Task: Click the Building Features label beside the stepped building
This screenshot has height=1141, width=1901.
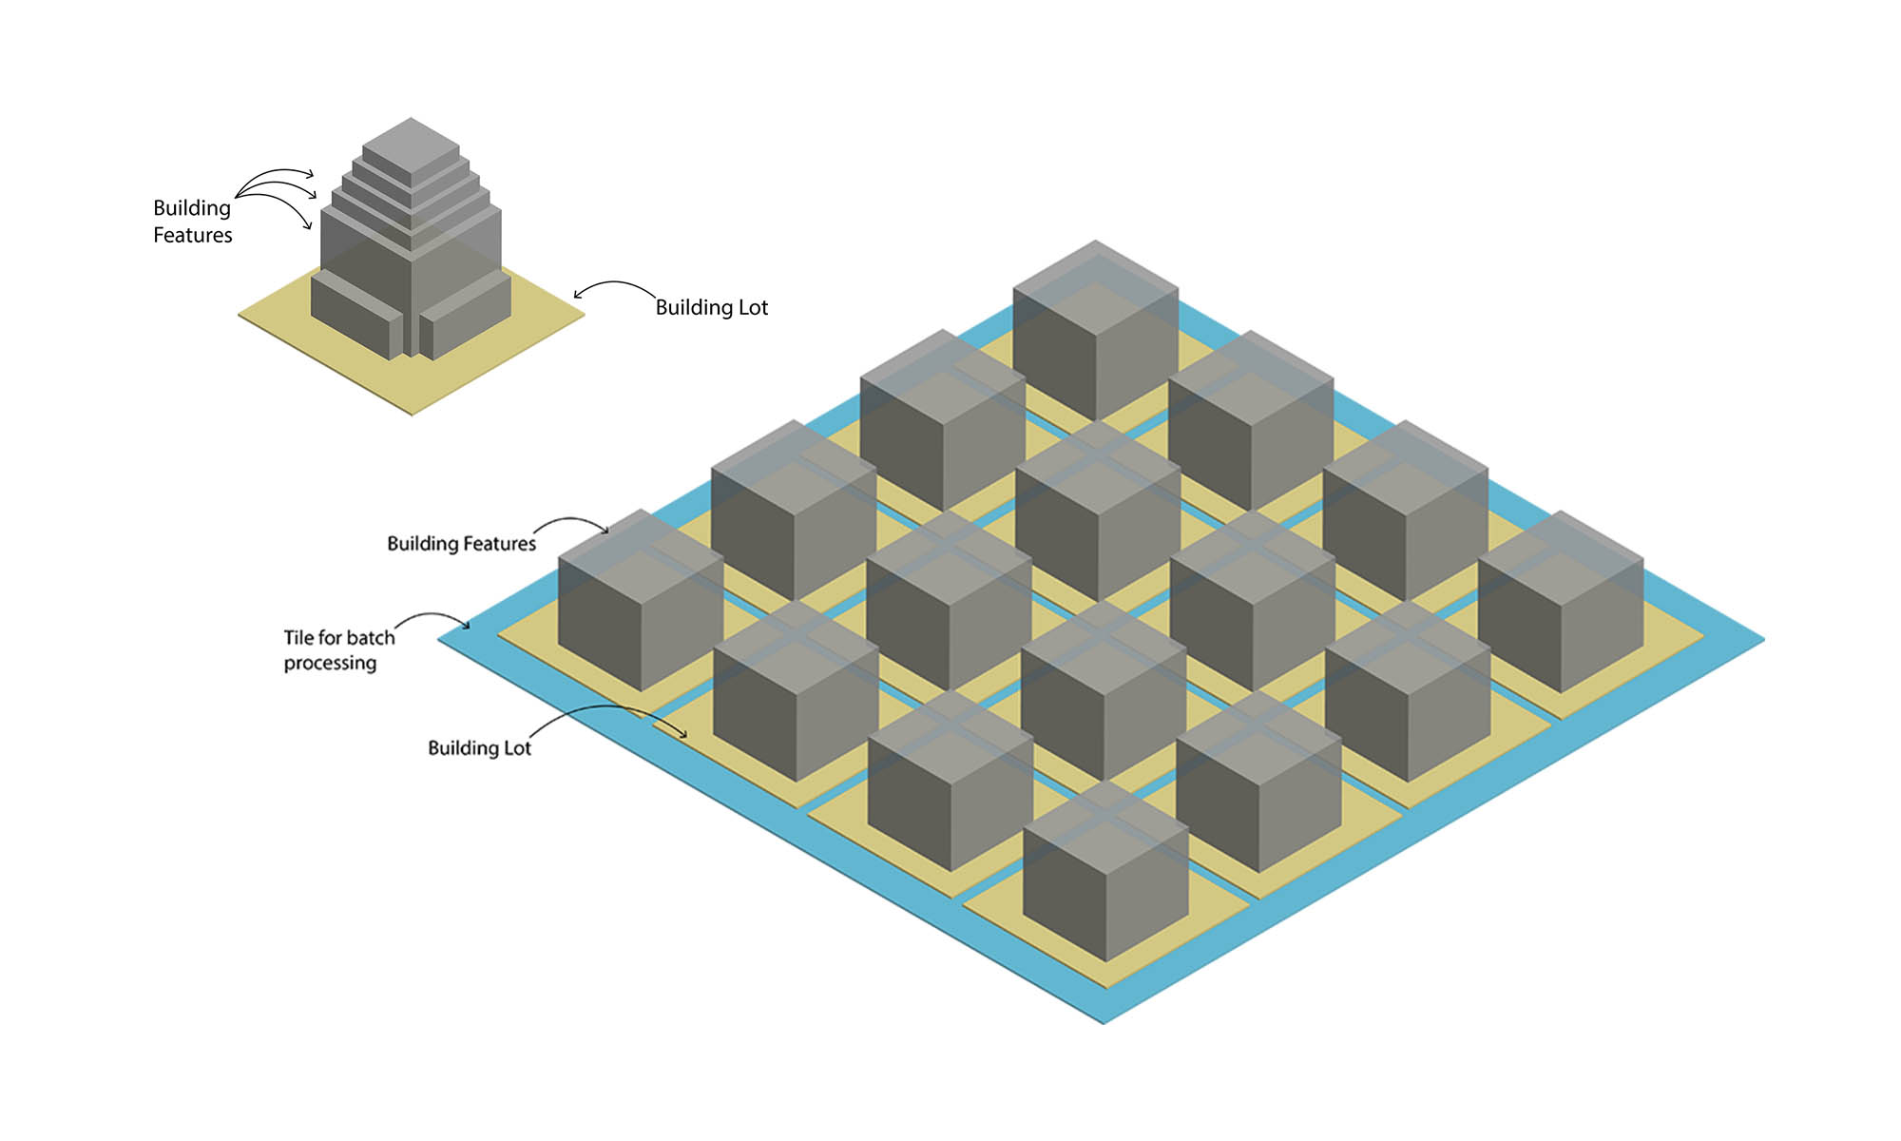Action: (192, 222)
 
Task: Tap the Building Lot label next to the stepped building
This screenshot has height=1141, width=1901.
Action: (711, 307)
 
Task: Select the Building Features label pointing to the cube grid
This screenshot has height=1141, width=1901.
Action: (461, 543)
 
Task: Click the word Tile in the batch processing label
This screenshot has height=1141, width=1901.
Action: (298, 637)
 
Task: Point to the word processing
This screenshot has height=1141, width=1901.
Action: (330, 663)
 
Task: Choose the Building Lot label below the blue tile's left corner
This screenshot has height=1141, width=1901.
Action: (479, 748)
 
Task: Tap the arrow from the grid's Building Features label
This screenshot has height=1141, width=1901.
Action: (570, 521)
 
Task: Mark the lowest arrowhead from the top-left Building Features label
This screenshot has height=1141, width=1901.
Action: (307, 226)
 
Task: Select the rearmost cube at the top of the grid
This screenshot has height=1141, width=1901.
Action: (1096, 323)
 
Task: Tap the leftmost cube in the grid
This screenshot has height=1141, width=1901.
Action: (641, 599)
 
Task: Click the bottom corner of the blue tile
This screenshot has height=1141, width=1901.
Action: (1104, 1021)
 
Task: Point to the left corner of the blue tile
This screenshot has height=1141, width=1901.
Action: (441, 640)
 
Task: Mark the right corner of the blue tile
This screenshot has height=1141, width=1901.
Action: (1761, 640)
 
